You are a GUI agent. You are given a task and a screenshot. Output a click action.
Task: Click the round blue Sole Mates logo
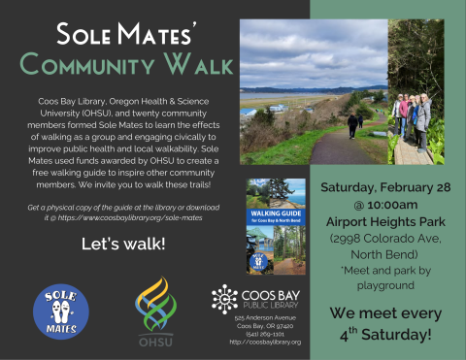tap(59, 311)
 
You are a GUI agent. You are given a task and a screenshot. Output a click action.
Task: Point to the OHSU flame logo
tap(155, 301)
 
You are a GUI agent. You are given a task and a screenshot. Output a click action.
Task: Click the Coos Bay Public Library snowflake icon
tap(223, 298)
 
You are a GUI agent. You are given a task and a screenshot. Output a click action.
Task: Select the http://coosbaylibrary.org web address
tap(265, 343)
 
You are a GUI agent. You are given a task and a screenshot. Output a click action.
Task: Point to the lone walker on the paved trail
tap(351, 124)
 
